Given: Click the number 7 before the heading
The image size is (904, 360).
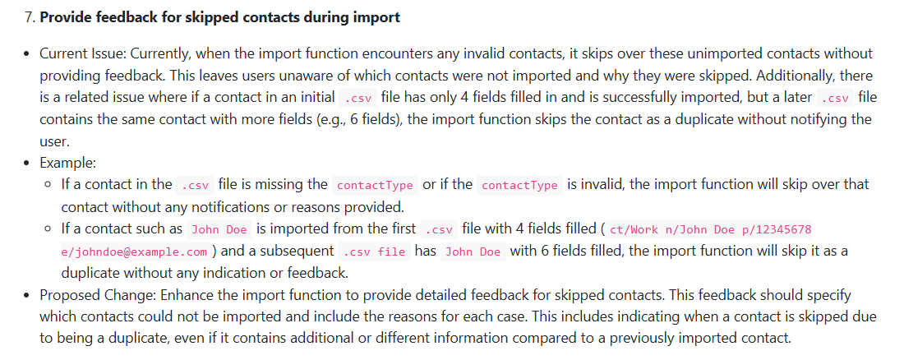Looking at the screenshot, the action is click(23, 16).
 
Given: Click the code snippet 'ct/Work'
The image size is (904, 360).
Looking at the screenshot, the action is click(635, 229).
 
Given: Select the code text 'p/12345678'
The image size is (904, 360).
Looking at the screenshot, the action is click(778, 229).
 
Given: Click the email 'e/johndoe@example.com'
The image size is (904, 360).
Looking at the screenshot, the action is click(135, 252).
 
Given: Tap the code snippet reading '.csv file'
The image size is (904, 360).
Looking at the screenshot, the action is click(373, 252).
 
